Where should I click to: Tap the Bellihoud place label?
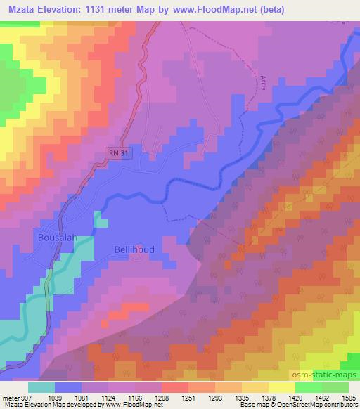(x=134, y=249)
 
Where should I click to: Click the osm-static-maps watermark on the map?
(x=324, y=373)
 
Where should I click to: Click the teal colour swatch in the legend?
(x=41, y=387)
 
